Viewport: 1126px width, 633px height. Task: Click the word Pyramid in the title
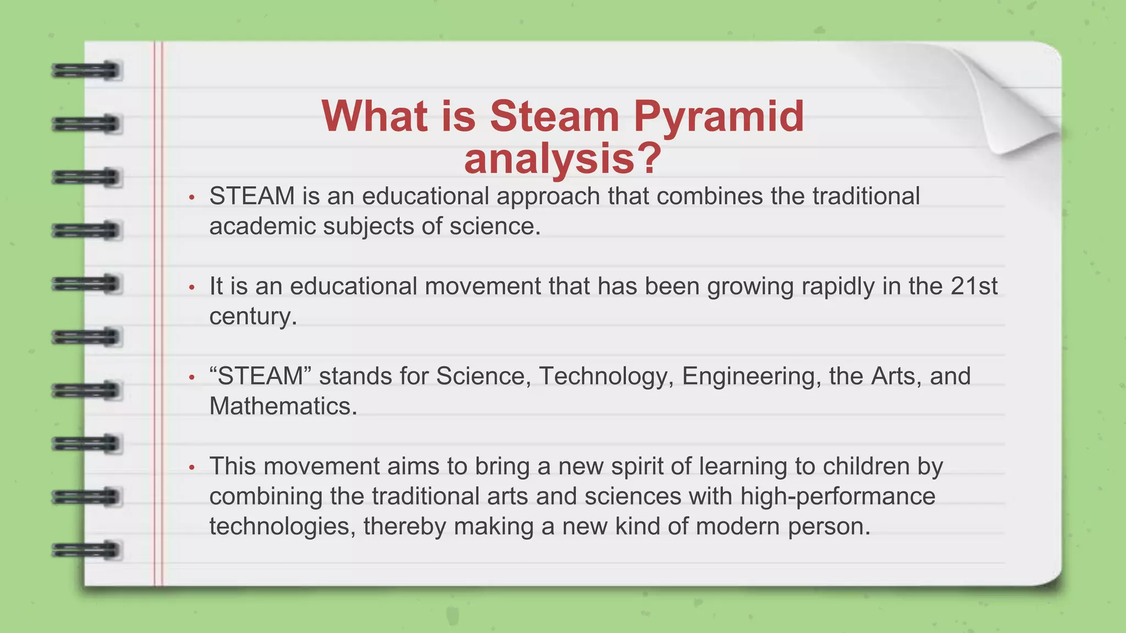point(719,117)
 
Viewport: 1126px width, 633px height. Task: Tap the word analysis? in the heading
point(562,159)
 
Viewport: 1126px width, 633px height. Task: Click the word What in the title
point(374,117)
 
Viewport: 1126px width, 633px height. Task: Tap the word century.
point(253,317)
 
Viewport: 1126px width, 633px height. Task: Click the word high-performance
point(837,497)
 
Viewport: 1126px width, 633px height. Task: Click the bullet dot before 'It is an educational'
point(191,287)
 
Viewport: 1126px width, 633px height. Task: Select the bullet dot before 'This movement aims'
point(191,468)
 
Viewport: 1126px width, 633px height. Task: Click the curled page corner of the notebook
point(1012,104)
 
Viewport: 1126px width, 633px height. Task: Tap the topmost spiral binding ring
point(87,71)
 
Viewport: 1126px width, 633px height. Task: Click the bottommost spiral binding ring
point(87,549)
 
